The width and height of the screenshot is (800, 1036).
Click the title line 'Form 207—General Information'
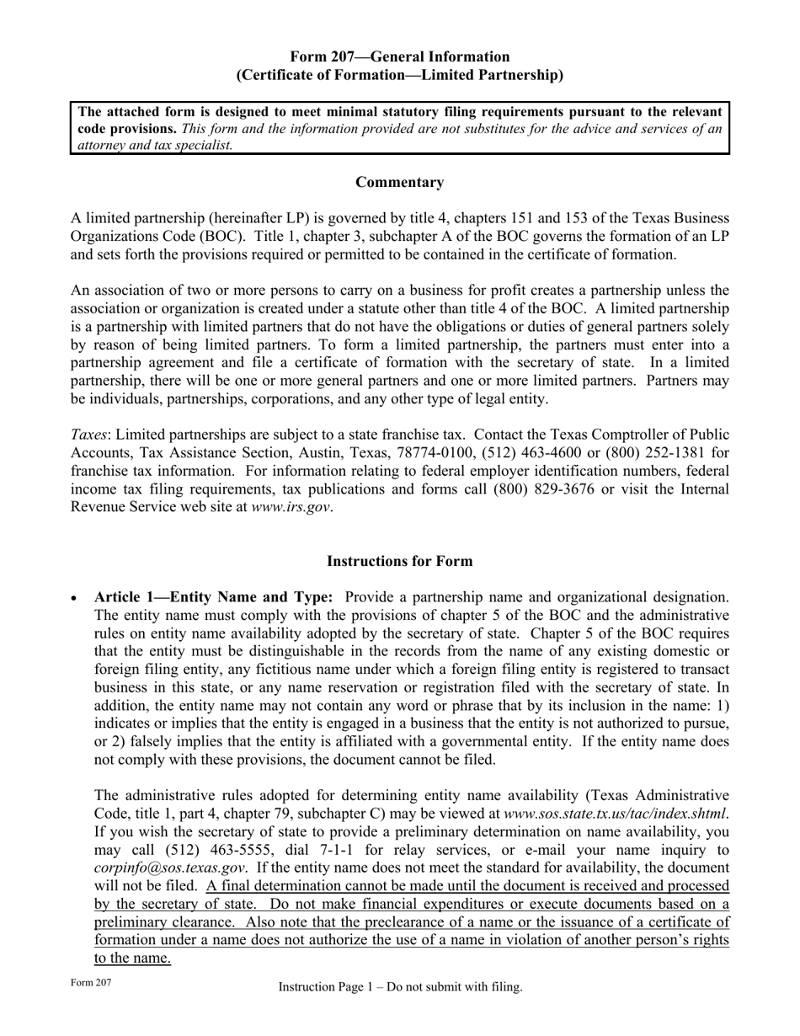pos(399,56)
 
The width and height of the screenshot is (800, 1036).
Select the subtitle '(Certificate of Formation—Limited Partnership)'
pos(399,75)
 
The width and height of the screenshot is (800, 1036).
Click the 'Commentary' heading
pos(399,182)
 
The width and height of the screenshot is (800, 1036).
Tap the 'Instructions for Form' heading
pos(399,561)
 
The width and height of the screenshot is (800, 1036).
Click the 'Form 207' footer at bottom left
pos(91,983)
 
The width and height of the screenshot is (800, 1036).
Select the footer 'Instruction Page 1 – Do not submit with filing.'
pos(400,987)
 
